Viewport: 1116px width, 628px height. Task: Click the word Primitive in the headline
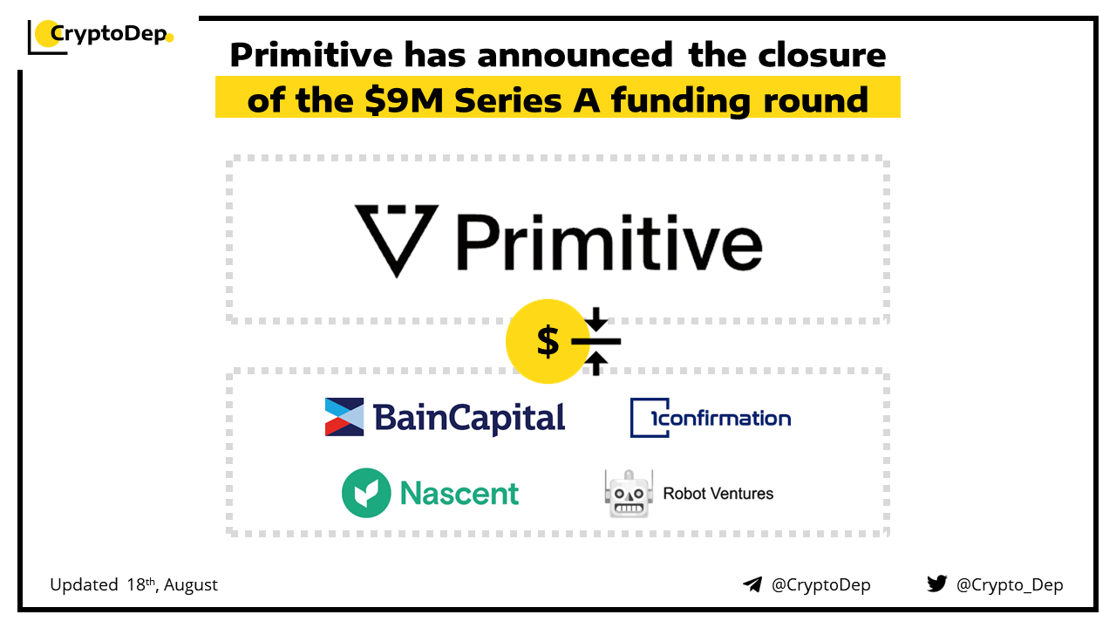tap(311, 54)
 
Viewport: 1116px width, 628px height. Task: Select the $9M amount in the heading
tap(404, 100)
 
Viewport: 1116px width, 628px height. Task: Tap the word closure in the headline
tap(822, 54)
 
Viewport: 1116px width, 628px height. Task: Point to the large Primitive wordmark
tap(609, 242)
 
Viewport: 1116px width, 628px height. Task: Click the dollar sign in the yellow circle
tap(548, 341)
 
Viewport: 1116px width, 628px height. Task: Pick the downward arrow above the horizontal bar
tap(595, 320)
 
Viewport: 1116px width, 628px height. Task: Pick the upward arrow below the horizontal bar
tap(595, 363)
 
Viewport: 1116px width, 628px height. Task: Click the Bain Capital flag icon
tap(344, 417)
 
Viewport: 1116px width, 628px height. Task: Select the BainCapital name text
tap(469, 418)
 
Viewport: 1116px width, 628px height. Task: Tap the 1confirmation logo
tap(711, 418)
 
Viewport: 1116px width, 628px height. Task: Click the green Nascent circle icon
tap(366, 493)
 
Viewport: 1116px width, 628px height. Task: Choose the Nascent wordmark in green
tap(459, 494)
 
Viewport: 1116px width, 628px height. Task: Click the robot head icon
tap(629, 494)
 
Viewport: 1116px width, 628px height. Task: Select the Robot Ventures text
tap(718, 494)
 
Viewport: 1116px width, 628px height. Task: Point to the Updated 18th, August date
tap(133, 584)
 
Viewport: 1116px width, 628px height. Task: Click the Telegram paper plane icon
tap(752, 584)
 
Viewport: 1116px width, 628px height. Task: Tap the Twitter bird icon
tap(937, 584)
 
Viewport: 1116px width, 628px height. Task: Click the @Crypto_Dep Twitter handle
tap(1010, 585)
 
